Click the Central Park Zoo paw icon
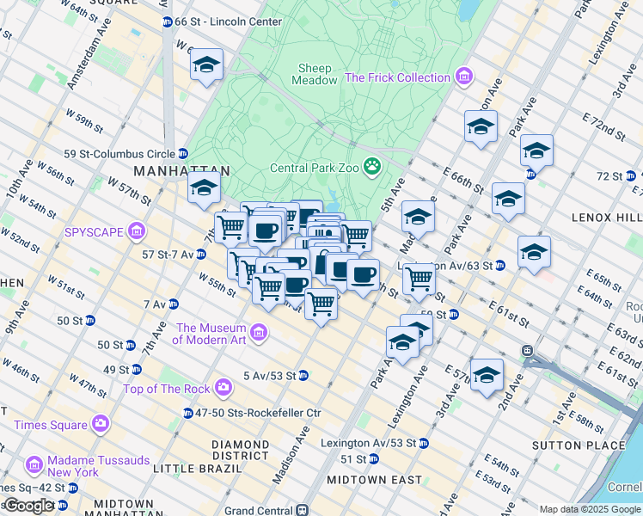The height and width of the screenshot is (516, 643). pyautogui.click(x=373, y=166)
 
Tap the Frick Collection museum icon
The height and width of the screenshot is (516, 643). pyautogui.click(x=464, y=77)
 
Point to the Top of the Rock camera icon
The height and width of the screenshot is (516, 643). pyautogui.click(x=224, y=388)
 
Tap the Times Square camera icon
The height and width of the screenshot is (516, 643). pyautogui.click(x=101, y=424)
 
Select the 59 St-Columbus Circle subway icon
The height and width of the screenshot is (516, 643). pyautogui.click(x=183, y=154)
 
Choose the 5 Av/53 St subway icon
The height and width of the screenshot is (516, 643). pyautogui.click(x=303, y=375)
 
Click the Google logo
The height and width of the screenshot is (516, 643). pyautogui.click(x=29, y=506)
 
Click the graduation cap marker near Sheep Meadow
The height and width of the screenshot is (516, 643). pyautogui.click(x=206, y=66)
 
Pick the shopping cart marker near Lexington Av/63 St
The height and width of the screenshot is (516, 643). pyautogui.click(x=419, y=279)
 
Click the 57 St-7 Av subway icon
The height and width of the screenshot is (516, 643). pyautogui.click(x=200, y=254)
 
